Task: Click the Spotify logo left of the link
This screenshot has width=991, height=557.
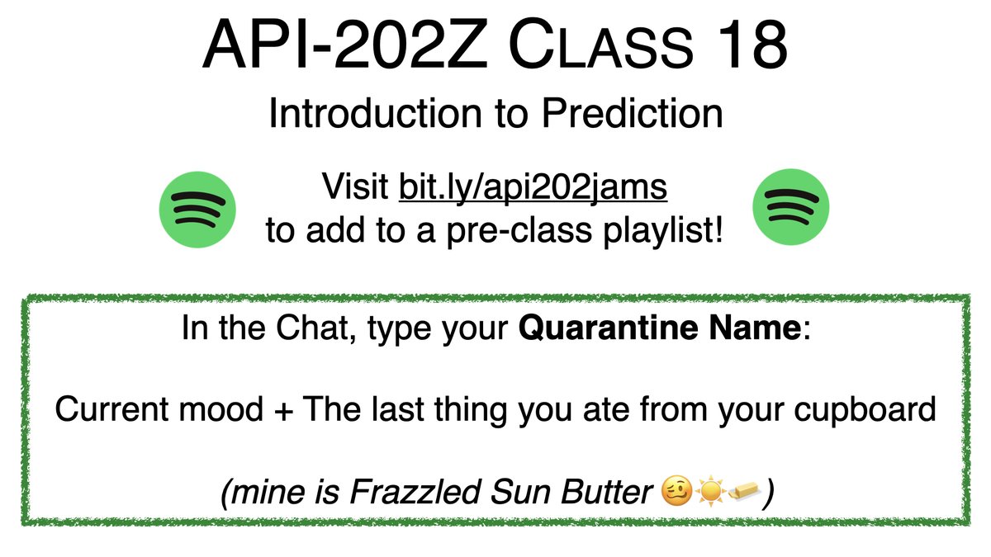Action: coord(197,208)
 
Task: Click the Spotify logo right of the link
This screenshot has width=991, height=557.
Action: coord(792,208)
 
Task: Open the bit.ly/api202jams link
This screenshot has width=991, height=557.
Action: coord(533,188)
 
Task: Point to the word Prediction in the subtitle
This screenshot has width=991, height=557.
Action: coord(632,114)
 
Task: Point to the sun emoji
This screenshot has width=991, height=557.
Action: coord(709,493)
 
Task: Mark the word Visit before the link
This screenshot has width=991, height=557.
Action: coord(358,188)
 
